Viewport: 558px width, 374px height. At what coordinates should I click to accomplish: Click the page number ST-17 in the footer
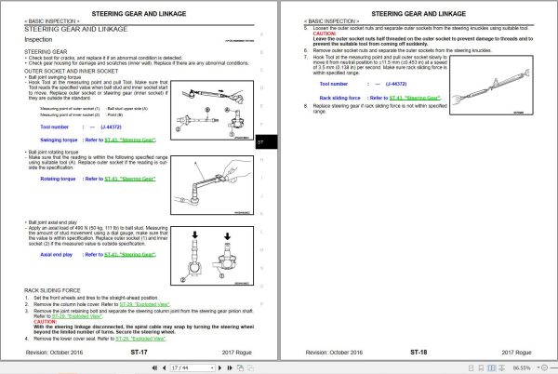pos(139,353)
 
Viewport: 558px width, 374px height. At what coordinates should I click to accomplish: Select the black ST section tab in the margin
pos(259,142)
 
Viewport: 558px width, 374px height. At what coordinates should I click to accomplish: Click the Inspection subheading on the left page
pos(38,40)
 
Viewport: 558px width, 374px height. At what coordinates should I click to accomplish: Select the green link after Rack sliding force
pos(414,97)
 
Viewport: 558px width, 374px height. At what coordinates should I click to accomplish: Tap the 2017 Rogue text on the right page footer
pos(516,353)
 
